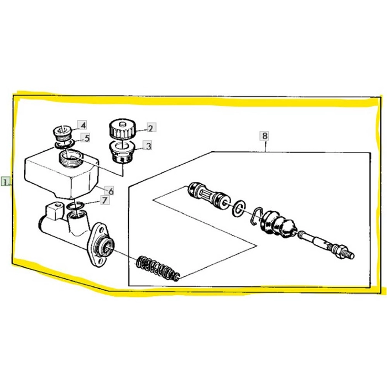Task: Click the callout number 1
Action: (x=6, y=182)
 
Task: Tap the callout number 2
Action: (x=150, y=128)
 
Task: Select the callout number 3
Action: (x=148, y=146)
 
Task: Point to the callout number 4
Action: (x=83, y=125)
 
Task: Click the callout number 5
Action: (x=87, y=138)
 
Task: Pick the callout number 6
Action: (x=111, y=191)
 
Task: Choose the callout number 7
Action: (x=104, y=200)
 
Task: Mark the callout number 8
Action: (x=265, y=136)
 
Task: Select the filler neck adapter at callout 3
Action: (x=122, y=152)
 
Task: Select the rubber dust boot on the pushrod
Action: (x=277, y=224)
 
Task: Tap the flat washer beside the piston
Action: (x=239, y=208)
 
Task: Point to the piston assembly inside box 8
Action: (x=209, y=196)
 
